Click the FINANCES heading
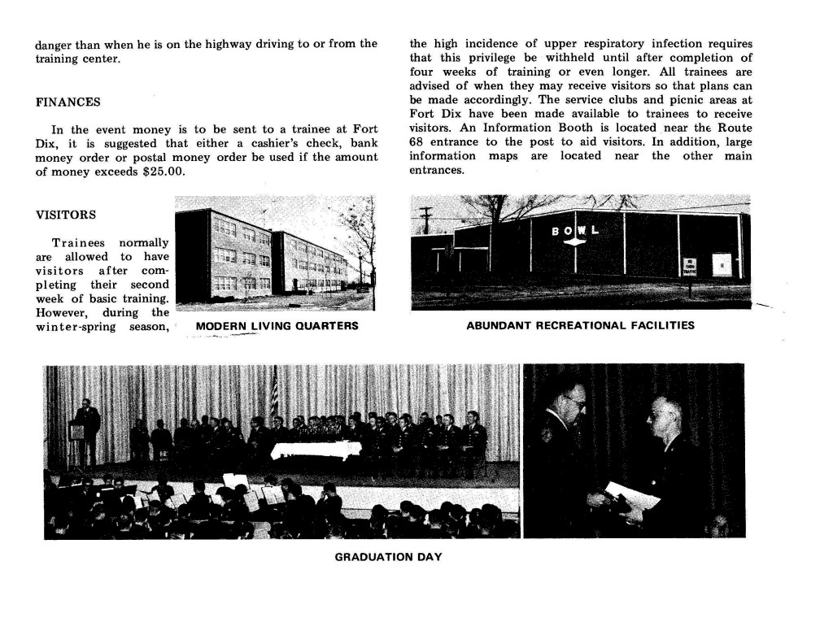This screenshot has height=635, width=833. coord(68,102)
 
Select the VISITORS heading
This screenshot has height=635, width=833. coord(66,215)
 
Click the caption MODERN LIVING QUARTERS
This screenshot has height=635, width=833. coord(277,326)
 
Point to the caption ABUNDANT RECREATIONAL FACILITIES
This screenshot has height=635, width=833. coord(580,326)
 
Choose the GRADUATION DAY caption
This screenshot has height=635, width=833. coord(388,557)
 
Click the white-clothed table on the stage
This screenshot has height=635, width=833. coord(316,450)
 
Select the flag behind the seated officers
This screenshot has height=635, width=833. coord(274,394)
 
